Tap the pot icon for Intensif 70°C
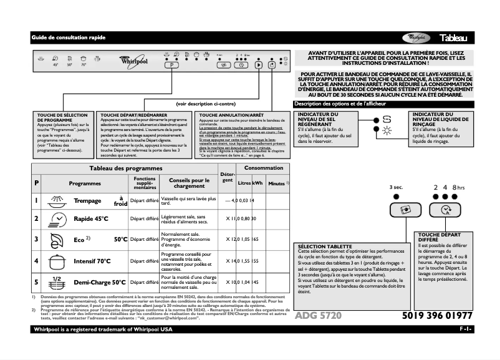pos(57,260)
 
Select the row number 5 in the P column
pos(36,281)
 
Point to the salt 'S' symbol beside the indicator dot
pos(387,120)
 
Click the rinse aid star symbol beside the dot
pos(387,130)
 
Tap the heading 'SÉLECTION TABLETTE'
pos(324,246)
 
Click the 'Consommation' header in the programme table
pos(263,168)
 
